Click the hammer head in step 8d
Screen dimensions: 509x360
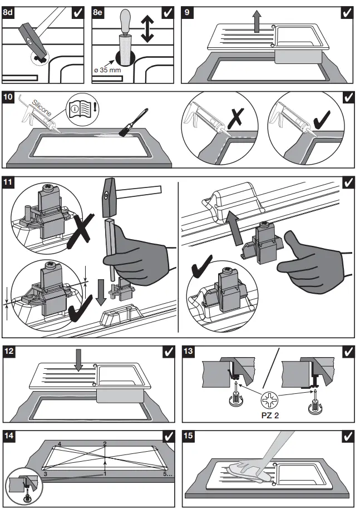pos(31,34)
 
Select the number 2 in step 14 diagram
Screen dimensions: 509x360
pos(104,443)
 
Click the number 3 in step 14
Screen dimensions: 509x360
pos(45,473)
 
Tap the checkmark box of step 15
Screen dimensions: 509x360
pos(348,437)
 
